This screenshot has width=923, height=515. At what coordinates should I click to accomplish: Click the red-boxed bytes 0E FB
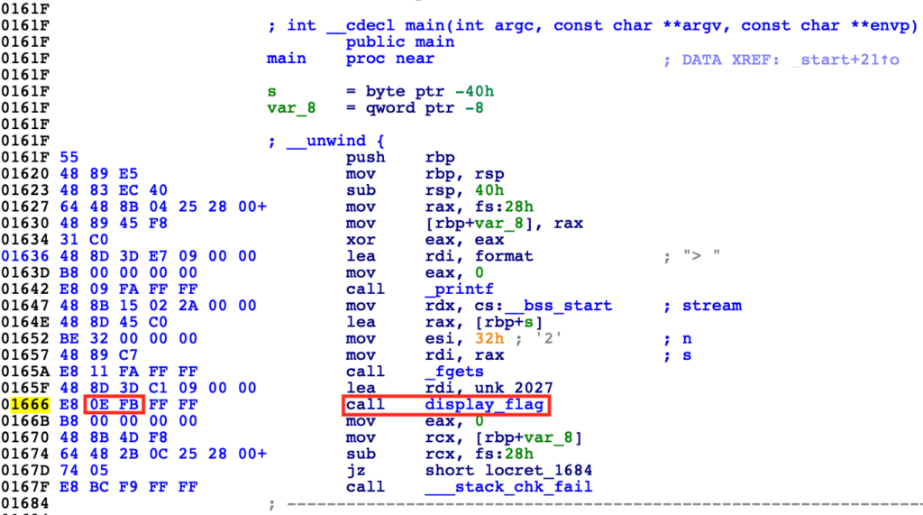[114, 405]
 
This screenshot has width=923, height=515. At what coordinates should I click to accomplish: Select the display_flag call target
[484, 405]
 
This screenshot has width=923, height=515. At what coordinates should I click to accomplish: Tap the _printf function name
[459, 290]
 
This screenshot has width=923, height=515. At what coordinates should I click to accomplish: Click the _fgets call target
[454, 372]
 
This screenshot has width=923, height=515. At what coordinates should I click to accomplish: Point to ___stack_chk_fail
[508, 487]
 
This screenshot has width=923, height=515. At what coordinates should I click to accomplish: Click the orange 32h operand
[489, 339]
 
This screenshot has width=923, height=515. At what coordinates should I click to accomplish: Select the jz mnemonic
[355, 471]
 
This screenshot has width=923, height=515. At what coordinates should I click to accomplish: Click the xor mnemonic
[361, 240]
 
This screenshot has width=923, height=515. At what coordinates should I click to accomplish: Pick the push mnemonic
[366, 157]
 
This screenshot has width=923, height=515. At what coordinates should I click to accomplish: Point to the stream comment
[712, 306]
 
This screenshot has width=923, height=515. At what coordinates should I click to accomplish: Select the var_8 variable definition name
[291, 108]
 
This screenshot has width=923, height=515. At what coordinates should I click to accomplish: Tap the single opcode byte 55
[69, 157]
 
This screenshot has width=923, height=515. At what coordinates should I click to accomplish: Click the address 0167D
[25, 471]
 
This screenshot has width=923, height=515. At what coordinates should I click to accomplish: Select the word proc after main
[366, 59]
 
